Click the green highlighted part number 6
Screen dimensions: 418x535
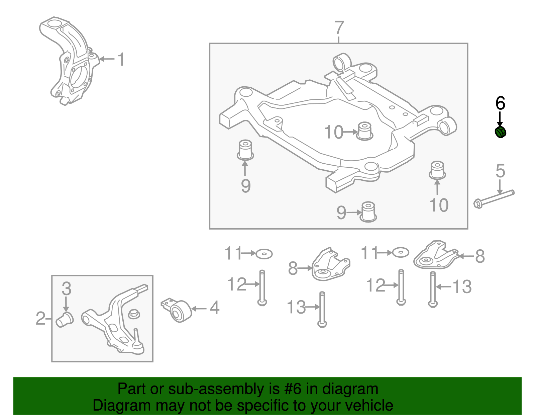click(500, 132)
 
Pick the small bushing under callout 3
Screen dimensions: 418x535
click(65, 320)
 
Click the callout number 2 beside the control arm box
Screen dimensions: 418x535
click(40, 318)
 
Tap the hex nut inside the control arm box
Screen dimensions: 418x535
click(134, 314)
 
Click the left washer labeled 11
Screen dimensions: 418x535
click(264, 254)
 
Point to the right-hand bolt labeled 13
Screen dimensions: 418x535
click(433, 289)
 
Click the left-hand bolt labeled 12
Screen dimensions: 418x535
click(262, 287)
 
